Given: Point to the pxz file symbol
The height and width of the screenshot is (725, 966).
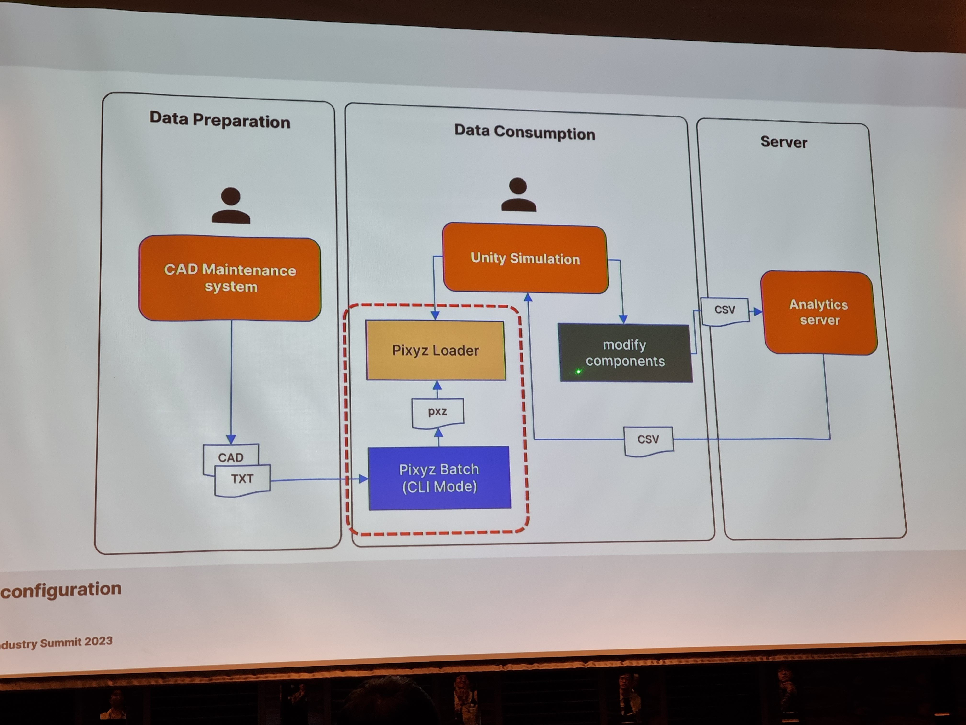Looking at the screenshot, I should pos(437,412).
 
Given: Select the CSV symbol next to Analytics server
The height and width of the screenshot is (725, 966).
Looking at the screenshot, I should pos(724,310).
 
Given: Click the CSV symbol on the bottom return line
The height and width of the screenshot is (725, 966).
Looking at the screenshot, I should pos(648,440).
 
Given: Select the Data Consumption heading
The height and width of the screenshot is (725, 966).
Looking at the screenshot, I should pos(524,132).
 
